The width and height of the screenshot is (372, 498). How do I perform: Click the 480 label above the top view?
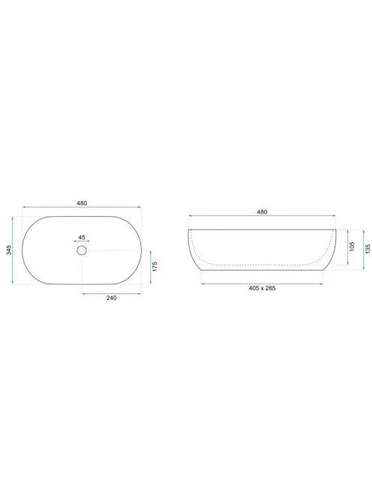click(82, 203)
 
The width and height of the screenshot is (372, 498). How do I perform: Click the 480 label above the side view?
click(262, 211)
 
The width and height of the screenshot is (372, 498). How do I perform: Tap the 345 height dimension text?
click(9, 250)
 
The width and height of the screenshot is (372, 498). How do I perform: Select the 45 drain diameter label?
click(82, 237)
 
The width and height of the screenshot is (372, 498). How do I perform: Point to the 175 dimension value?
click(154, 266)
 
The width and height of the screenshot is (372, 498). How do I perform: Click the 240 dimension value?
click(111, 298)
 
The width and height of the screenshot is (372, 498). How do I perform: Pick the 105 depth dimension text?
click(352, 247)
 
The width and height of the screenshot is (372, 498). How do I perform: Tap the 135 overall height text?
click(367, 249)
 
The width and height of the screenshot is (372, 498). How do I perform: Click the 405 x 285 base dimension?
click(262, 289)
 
